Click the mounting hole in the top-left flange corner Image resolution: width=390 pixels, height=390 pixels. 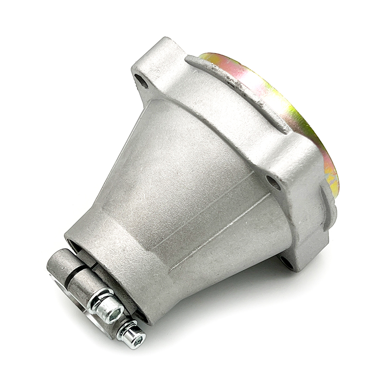click(x=142, y=81)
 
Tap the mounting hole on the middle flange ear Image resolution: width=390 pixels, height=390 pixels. click(x=273, y=183)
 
